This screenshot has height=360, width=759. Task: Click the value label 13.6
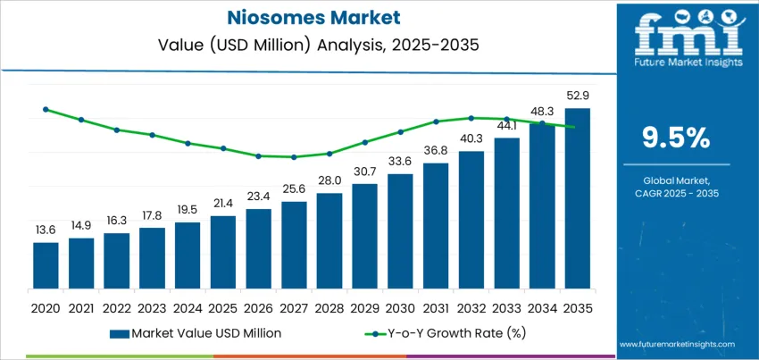tap(46, 230)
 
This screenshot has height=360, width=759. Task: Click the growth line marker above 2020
tap(46, 110)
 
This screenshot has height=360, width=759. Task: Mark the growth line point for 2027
tap(294, 157)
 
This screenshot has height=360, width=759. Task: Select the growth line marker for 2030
tap(400, 131)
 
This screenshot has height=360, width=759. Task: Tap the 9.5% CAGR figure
tap(676, 137)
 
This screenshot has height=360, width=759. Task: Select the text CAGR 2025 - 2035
tap(676, 194)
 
